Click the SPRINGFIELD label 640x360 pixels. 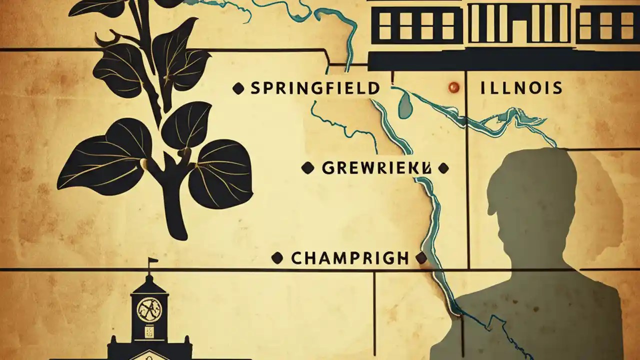pyautogui.click(x=314, y=89)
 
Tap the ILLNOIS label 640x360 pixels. pyautogui.click(x=520, y=89)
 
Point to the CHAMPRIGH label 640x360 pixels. pyautogui.click(x=349, y=258)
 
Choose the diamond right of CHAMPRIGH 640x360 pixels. pyautogui.click(x=421, y=258)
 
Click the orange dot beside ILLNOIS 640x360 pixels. pyautogui.click(x=454, y=87)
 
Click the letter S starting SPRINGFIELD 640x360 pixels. pyautogui.click(x=255, y=89)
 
